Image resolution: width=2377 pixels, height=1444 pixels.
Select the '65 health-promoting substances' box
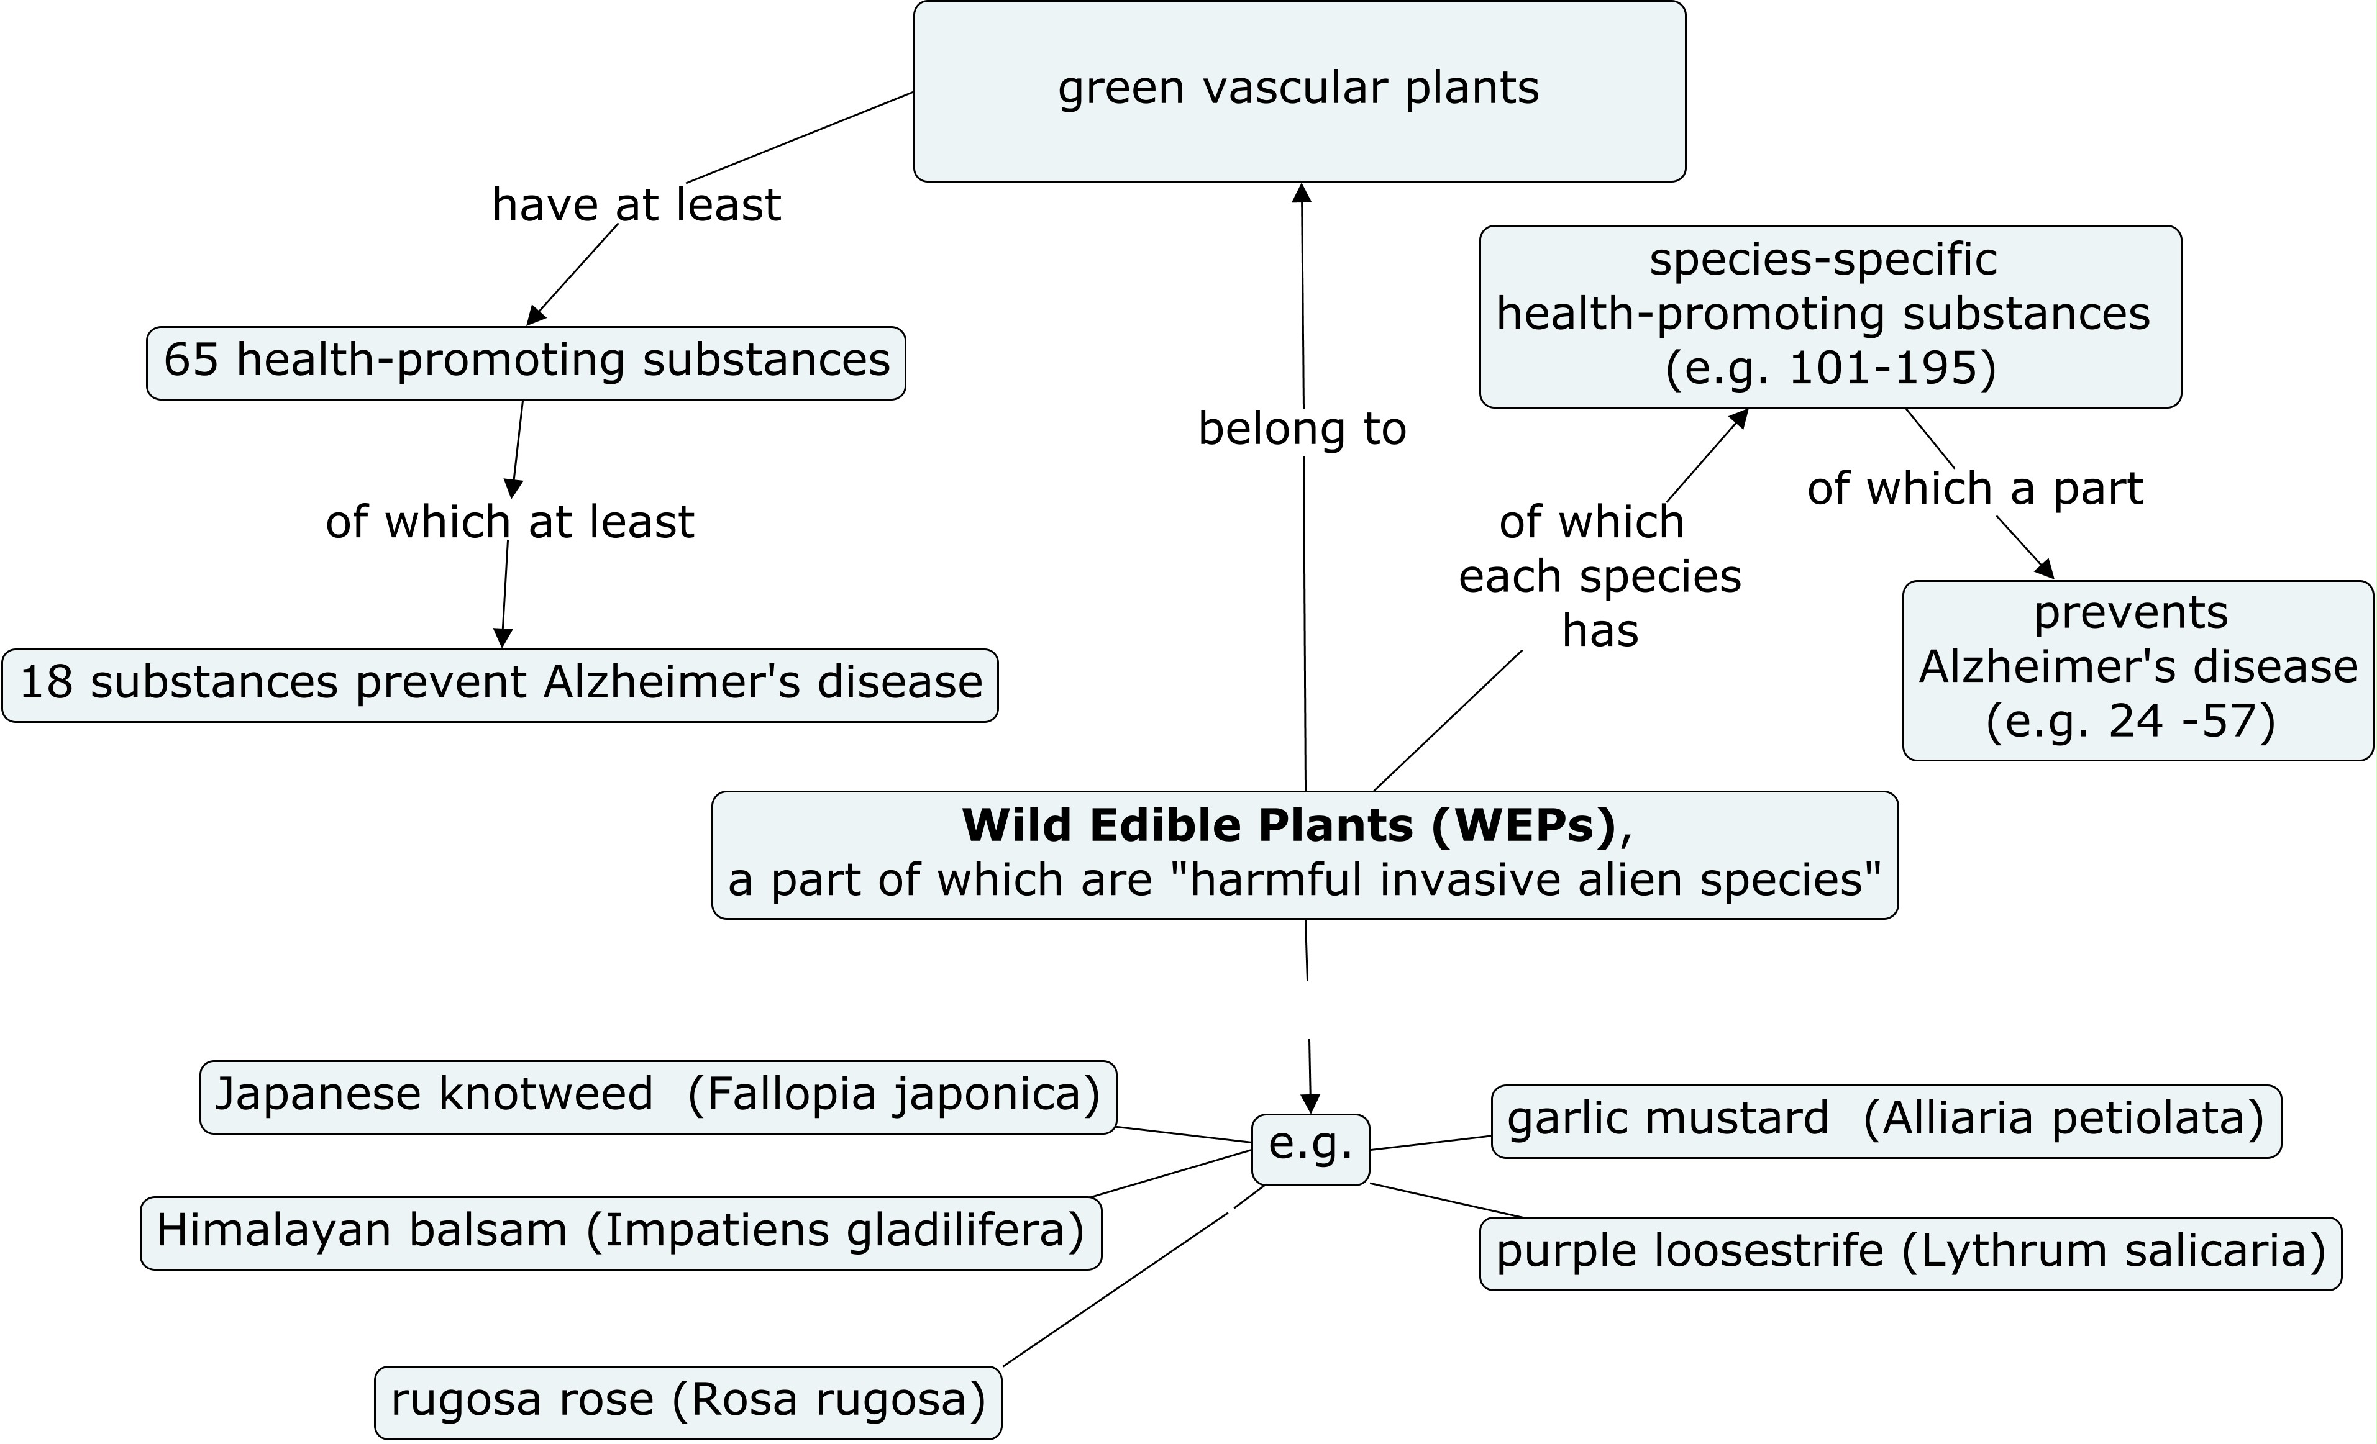pyautogui.click(x=526, y=363)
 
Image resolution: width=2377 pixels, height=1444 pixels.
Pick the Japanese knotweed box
pyautogui.click(x=658, y=1097)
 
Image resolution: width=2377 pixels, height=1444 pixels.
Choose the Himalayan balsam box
pyautogui.click(x=620, y=1233)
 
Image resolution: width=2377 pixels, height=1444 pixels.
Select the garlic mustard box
pyautogui.click(x=1886, y=1121)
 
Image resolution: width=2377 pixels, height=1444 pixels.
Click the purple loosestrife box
pyautogui.click(x=1910, y=1253)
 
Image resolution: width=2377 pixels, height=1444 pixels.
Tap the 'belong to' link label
pyautogui.click(x=1302, y=429)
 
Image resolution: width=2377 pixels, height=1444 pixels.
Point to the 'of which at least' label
pyautogui.click(x=509, y=522)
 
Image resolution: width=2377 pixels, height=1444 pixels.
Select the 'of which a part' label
pyautogui.click(x=1974, y=489)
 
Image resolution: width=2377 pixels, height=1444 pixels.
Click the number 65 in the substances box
pyautogui.click(x=191, y=360)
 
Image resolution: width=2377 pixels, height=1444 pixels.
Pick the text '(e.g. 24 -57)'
pyautogui.click(x=2130, y=720)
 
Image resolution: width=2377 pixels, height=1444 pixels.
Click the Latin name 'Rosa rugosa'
pyautogui.click(x=827, y=1401)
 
